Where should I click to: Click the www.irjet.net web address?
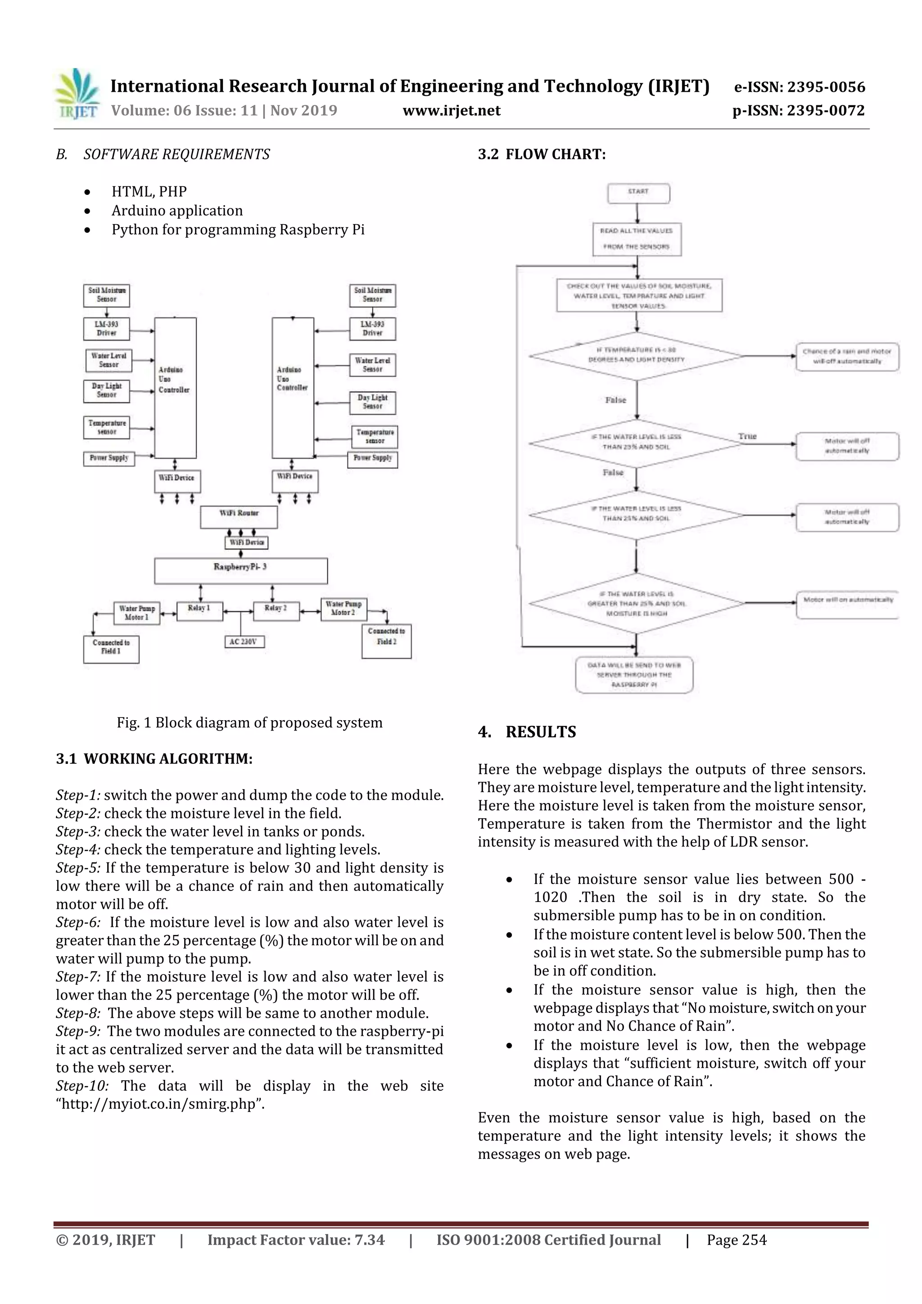tap(452, 111)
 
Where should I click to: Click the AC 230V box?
tap(243, 642)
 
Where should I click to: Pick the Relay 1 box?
tap(199, 612)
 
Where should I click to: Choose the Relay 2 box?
tap(276, 612)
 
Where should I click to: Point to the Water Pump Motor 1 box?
tap(136, 613)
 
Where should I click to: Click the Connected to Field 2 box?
tap(386, 641)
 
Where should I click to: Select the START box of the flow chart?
tap(638, 193)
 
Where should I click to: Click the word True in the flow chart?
tap(747, 436)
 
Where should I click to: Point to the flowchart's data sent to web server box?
tap(634, 675)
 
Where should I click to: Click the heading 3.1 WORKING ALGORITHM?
tap(154, 759)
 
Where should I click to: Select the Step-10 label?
tap(82, 1086)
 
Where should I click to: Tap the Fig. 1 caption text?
tap(249, 722)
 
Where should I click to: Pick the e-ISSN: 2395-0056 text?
tap(799, 87)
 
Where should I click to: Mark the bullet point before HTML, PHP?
tap(87, 192)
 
